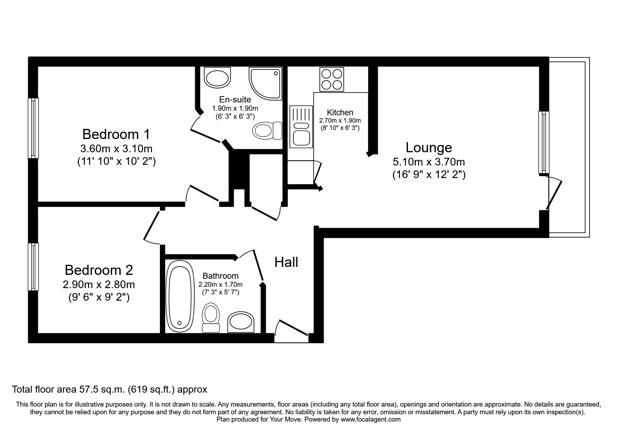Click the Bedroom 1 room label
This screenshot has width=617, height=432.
point(116,134)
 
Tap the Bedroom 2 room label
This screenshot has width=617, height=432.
point(99,270)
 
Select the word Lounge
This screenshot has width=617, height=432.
point(429,148)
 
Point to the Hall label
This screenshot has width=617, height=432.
point(286,262)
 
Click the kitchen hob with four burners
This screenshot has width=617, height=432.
point(331,79)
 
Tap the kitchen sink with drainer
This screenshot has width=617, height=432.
point(301,126)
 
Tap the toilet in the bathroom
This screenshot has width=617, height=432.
point(211,317)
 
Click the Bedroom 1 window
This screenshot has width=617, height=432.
point(33,128)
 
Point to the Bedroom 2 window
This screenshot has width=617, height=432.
point(33,267)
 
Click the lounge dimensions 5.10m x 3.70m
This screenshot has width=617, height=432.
point(429,162)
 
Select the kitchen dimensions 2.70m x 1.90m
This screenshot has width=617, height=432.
point(340,121)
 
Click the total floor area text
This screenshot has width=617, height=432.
point(109,389)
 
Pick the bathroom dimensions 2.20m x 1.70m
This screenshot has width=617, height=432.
point(220,285)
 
